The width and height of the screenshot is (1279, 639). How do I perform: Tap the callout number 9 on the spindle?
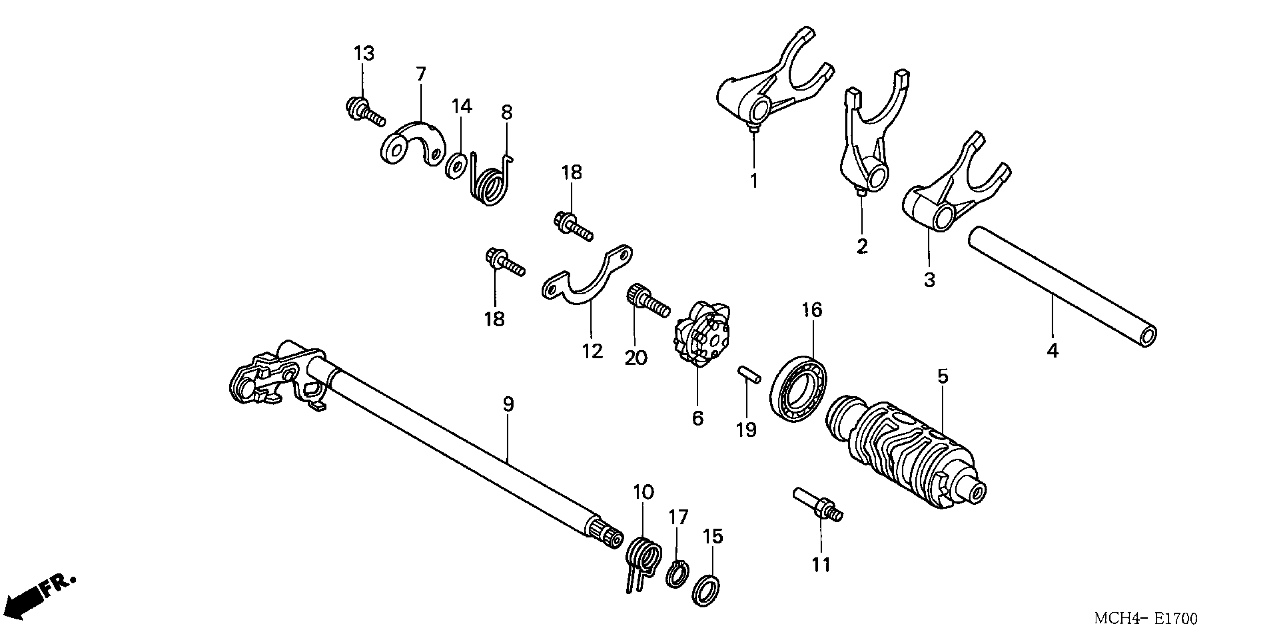[x=507, y=405]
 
